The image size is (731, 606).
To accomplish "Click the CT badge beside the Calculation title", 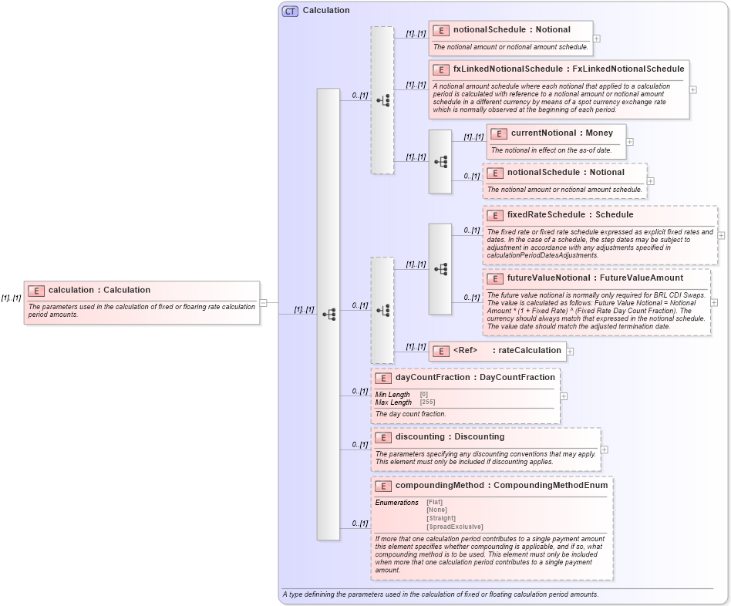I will point(291,11).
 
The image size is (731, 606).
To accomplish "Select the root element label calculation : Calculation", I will point(99,290).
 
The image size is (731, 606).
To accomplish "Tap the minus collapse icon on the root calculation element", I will point(263,303).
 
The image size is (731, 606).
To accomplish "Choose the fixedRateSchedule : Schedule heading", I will point(570,214).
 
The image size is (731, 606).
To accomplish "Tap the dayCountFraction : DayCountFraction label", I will point(474,377).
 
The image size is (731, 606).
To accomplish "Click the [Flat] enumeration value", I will point(435,503).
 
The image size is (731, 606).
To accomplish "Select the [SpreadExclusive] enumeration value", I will point(455,526).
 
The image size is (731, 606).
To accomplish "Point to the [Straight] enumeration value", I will point(441,518).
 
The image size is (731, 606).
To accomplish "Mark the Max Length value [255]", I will point(429,402).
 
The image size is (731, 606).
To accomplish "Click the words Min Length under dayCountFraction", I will point(392,395).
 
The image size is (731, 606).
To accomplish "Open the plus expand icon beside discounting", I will point(604,449).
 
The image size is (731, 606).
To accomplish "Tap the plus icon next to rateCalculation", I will point(570,352).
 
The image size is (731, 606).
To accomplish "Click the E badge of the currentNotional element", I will point(498,133).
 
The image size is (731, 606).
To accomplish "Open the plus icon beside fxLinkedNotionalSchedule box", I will point(692,89).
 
